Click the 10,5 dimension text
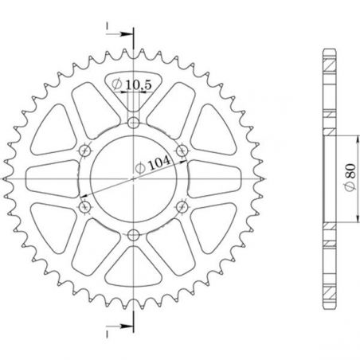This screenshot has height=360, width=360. tap(139, 83)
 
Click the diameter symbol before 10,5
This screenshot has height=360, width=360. tap(117, 83)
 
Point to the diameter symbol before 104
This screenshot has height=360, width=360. tap(137, 166)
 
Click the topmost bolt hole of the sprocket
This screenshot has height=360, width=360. tap(133, 122)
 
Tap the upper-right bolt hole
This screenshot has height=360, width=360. tap(182, 150)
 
